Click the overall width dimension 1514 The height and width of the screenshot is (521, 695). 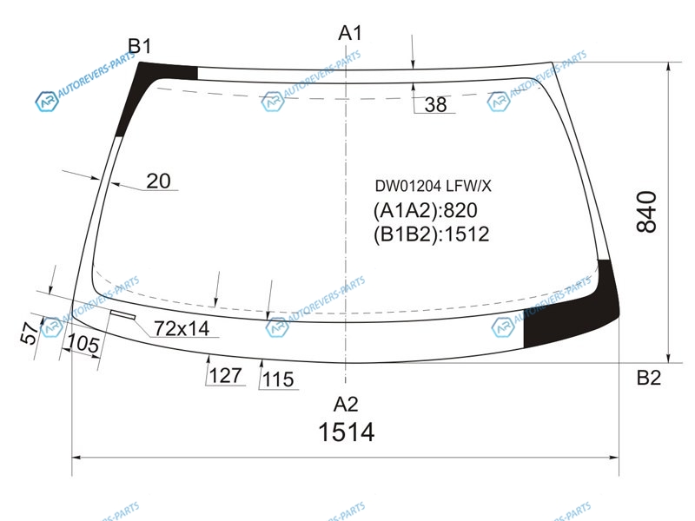tap(346, 432)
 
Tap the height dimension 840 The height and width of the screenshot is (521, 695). tap(646, 212)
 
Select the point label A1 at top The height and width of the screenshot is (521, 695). tap(350, 33)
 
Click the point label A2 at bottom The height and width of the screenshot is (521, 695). tap(346, 404)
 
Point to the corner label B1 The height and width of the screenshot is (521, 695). tap(140, 46)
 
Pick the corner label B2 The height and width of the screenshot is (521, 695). tap(649, 378)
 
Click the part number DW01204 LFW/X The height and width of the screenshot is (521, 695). tap(433, 186)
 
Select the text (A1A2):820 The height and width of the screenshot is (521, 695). tap(425, 210)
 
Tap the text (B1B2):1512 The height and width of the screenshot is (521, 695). tap(431, 234)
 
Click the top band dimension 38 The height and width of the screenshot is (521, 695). tap(435, 104)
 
